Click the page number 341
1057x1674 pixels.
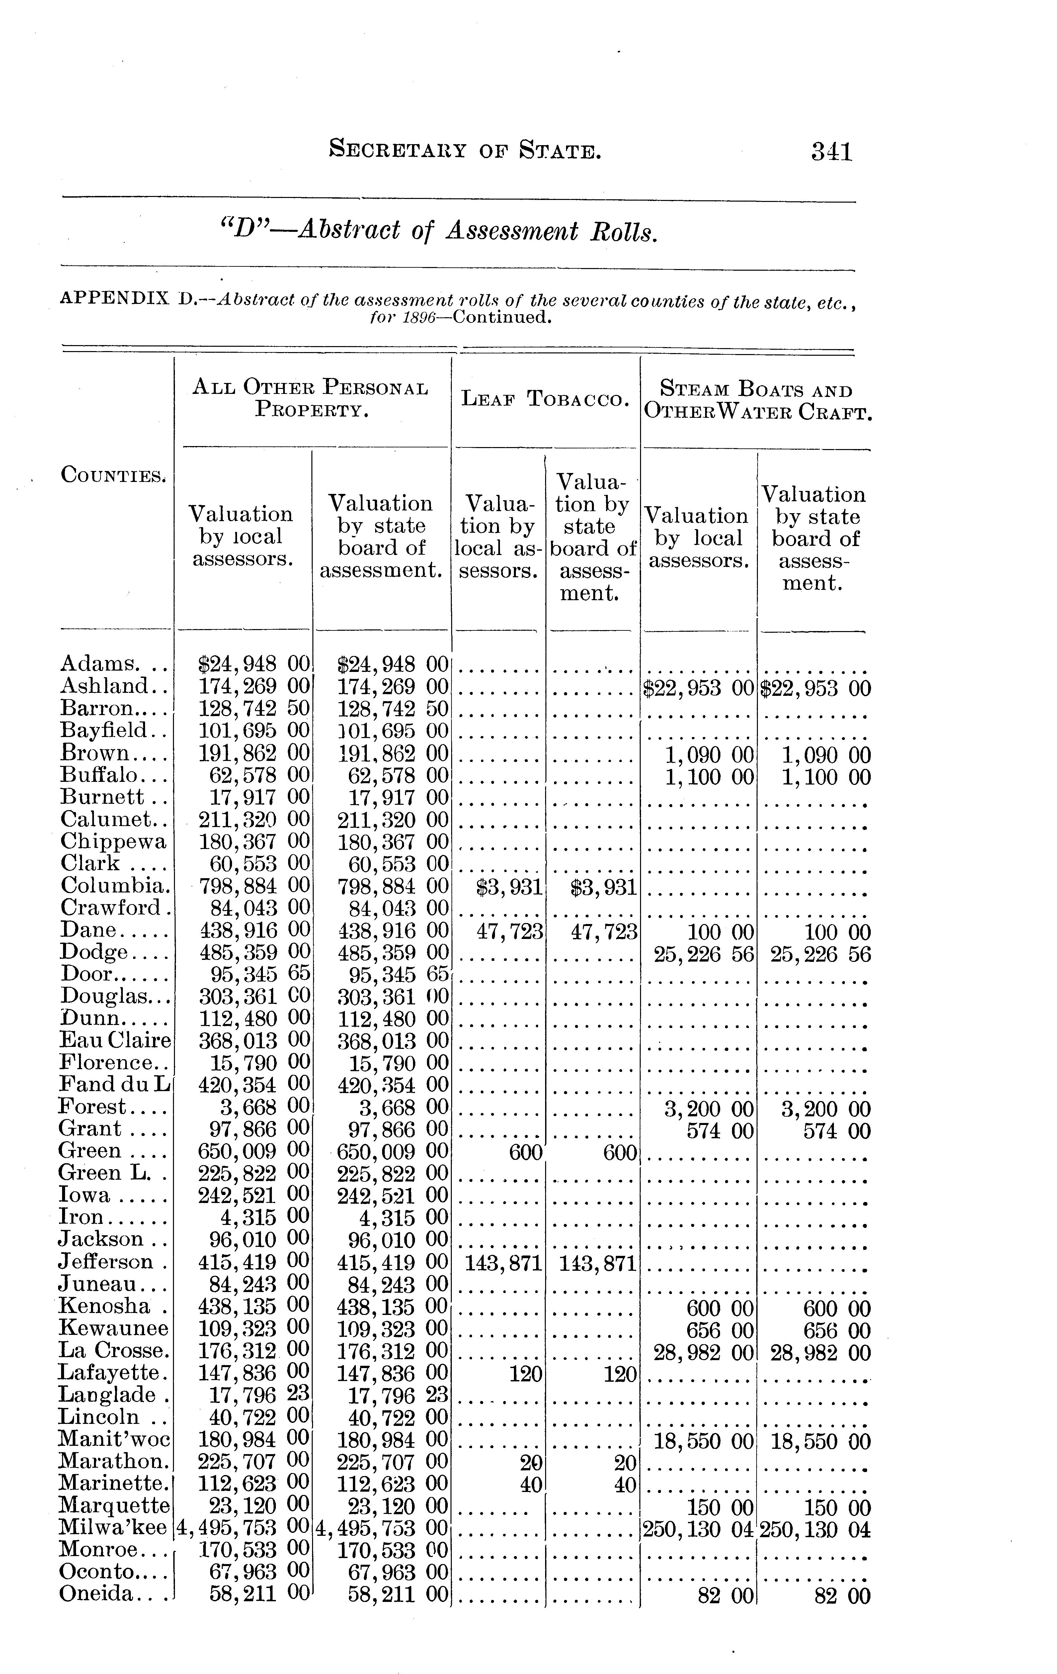click(831, 151)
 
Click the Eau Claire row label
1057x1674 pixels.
click(115, 1041)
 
